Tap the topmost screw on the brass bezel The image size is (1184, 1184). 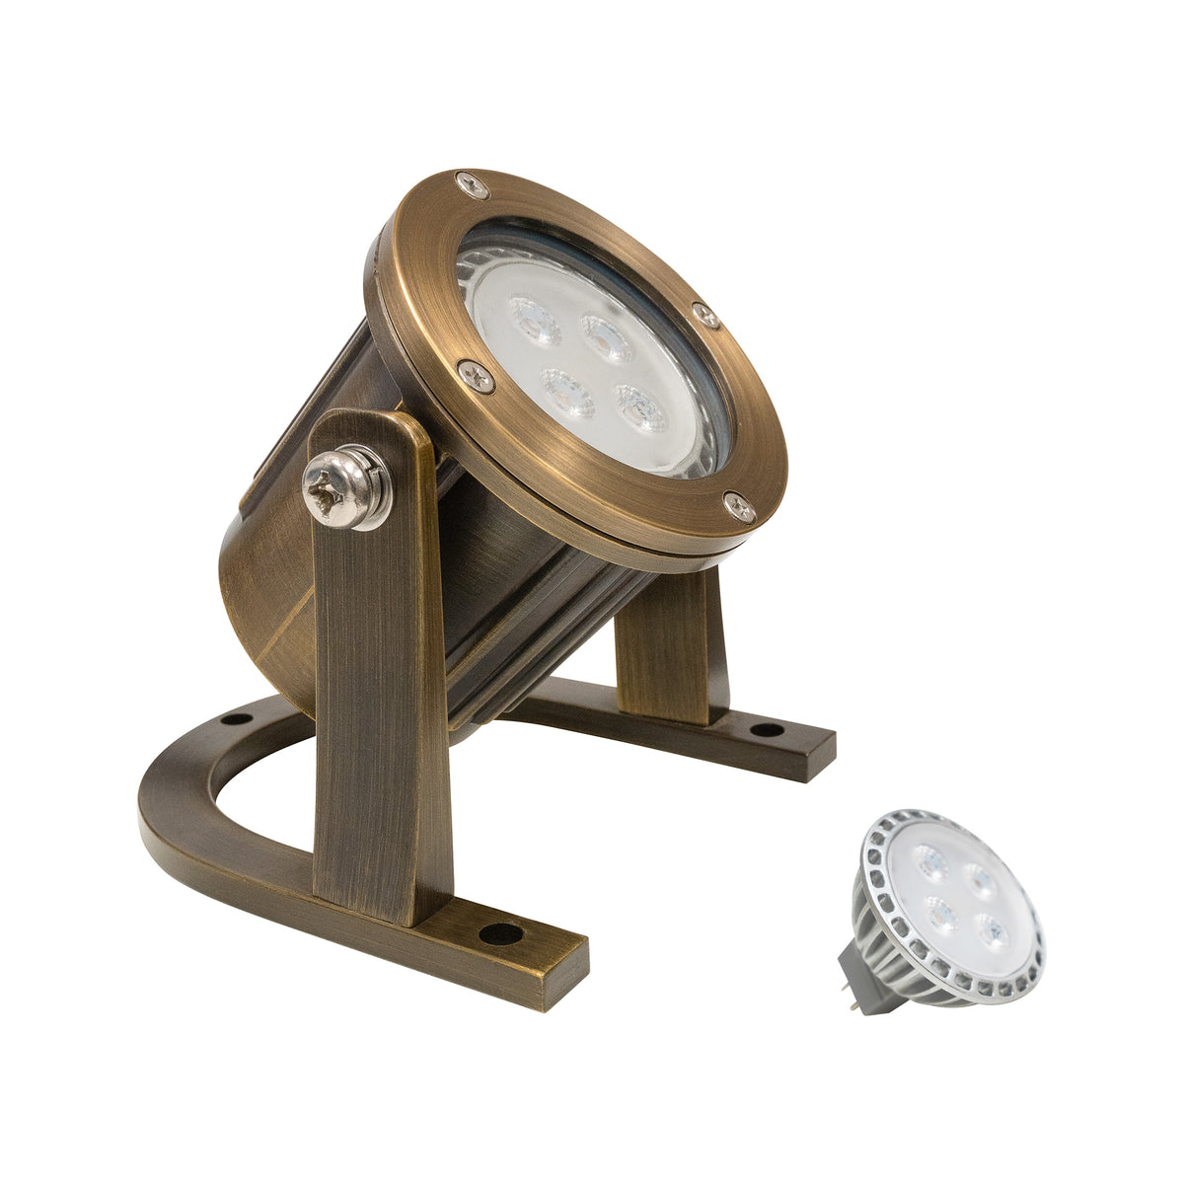[x=472, y=184]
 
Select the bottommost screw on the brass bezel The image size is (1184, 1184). [x=739, y=507]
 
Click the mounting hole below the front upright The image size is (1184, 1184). [x=501, y=932]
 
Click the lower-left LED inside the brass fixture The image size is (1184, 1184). [x=567, y=391]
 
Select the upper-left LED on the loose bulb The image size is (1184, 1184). [x=930, y=860]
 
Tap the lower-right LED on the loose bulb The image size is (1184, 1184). [x=993, y=930]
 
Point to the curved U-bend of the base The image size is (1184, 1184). [x=178, y=809]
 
